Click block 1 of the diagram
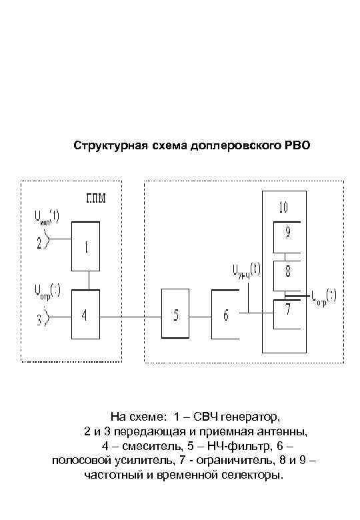(87, 247)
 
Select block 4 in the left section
(85, 315)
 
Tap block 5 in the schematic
(176, 315)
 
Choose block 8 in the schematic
(286, 273)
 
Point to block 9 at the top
(286, 234)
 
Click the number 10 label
(283, 207)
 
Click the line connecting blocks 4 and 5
(131, 316)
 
